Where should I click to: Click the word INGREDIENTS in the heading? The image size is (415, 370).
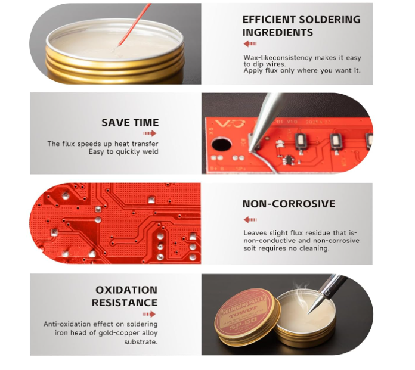pos(278,32)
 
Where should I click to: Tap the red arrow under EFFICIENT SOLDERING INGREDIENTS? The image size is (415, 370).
pos(250,43)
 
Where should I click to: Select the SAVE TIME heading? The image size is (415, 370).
pos(130,123)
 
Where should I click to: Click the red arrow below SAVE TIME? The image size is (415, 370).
pos(150,133)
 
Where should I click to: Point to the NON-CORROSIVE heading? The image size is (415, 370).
pos(289,204)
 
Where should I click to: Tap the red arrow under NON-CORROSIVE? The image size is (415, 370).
pos(250,220)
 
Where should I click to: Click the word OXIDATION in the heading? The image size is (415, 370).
pos(126,290)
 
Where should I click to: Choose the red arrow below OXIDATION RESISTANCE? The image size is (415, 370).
pos(149,314)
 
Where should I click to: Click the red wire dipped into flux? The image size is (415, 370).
pos(134,25)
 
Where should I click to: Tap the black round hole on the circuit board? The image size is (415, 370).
pos(222,145)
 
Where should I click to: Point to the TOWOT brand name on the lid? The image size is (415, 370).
pos(243,312)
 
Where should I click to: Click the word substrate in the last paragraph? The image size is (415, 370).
pos(141,342)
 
